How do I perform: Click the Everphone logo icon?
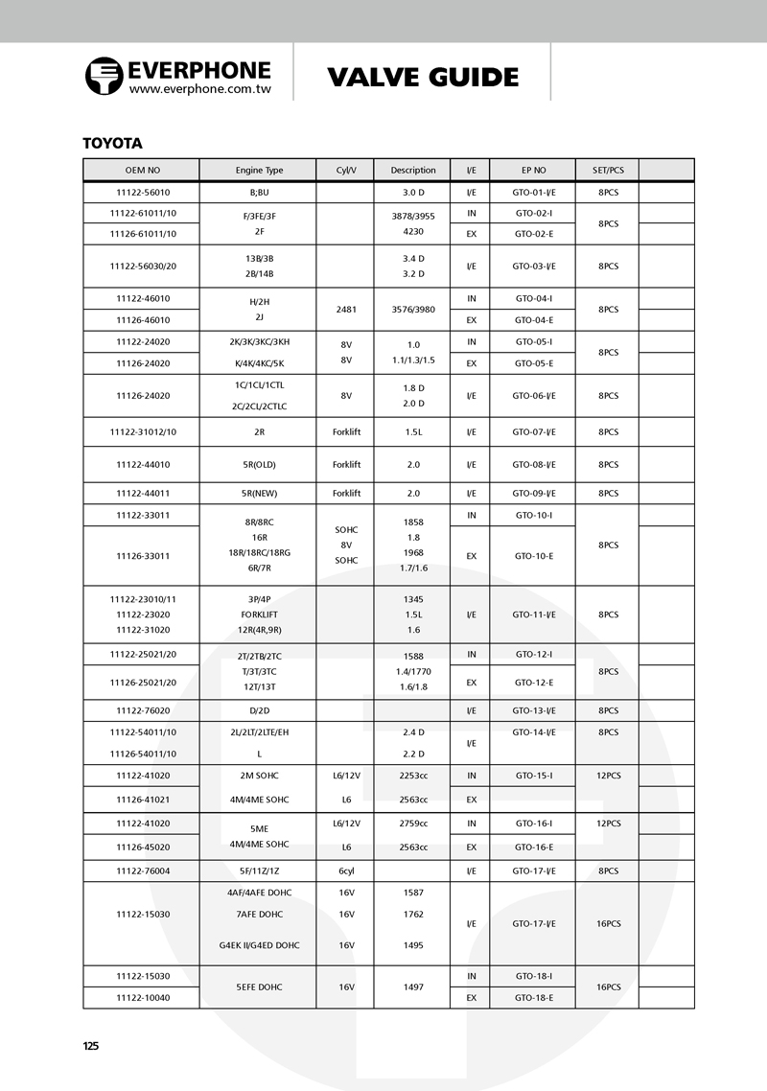[x=104, y=76]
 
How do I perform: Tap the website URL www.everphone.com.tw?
[x=199, y=88]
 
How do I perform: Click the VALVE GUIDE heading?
[x=423, y=77]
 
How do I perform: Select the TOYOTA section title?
[x=113, y=143]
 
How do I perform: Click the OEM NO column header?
[x=142, y=171]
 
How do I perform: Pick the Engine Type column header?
[x=259, y=171]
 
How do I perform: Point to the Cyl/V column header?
[x=346, y=171]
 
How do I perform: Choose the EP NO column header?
[x=533, y=171]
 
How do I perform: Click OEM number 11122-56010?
[x=142, y=192]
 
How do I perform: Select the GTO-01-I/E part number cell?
[x=533, y=192]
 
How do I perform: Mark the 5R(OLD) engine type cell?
[x=259, y=465]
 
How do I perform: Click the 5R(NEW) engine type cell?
[x=259, y=494]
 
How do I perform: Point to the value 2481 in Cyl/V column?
[x=346, y=310]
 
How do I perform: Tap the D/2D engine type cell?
[x=259, y=711]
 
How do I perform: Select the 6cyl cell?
[x=346, y=871]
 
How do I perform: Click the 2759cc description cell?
[x=413, y=824]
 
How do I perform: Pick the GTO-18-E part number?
[x=533, y=998]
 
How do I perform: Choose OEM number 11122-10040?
[x=142, y=998]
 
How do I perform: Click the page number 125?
[x=91, y=1046]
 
